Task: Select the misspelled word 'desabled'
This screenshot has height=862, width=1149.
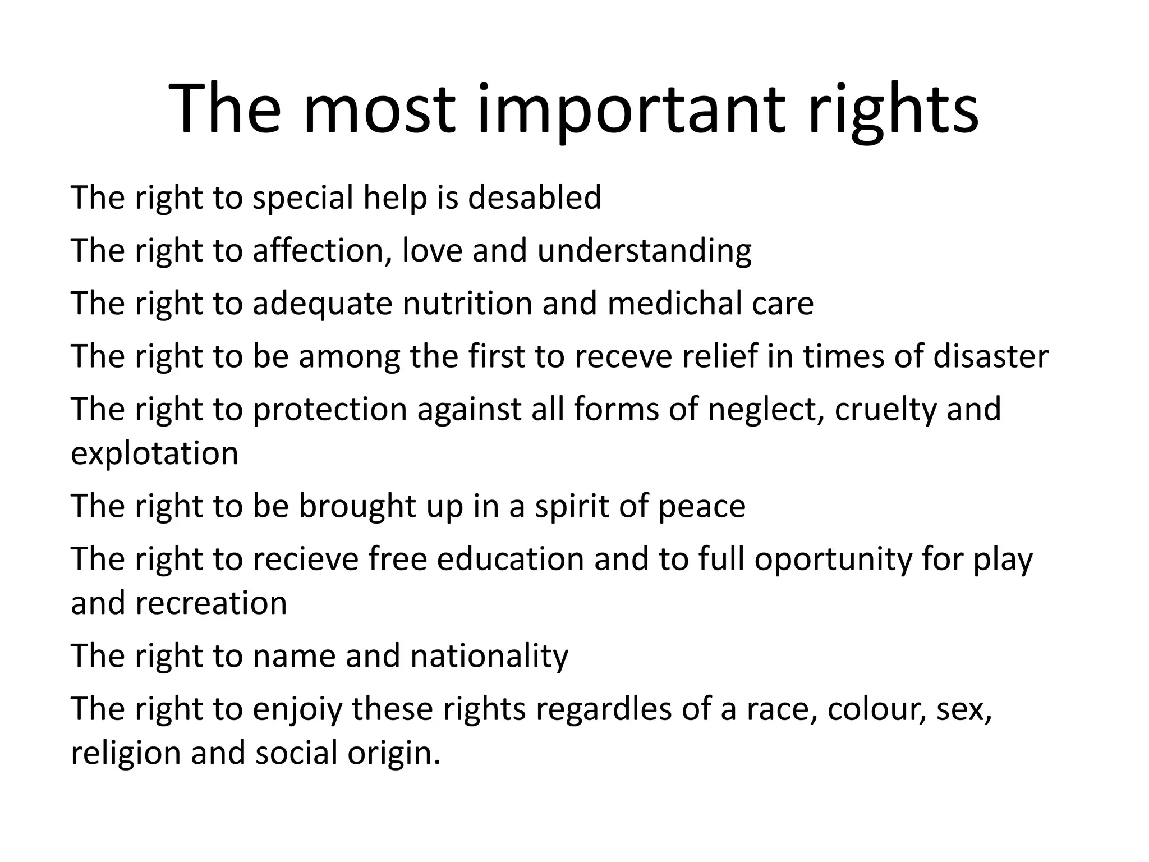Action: (534, 198)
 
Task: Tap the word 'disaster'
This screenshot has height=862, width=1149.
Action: (990, 356)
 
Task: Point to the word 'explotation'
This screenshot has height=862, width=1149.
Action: (154, 453)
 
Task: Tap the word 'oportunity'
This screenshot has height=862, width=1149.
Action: (834, 559)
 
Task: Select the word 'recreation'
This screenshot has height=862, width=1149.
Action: (211, 603)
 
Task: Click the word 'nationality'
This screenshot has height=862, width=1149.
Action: (489, 655)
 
